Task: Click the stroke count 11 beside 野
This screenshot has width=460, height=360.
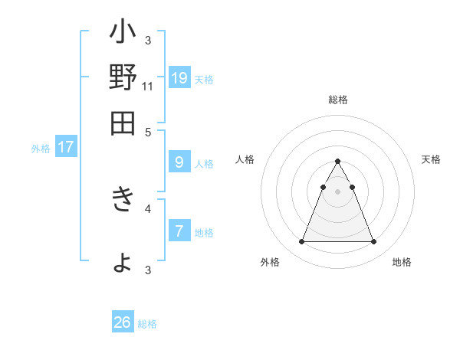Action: click(x=148, y=87)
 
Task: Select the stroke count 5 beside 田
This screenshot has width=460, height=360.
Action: click(x=148, y=132)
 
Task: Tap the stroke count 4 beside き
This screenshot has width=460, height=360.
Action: click(x=148, y=208)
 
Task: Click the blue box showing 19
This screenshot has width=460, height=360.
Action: click(x=179, y=78)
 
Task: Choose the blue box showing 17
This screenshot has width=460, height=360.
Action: click(x=66, y=147)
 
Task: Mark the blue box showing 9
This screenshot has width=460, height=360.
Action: click(x=179, y=162)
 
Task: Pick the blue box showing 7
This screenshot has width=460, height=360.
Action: click(x=179, y=231)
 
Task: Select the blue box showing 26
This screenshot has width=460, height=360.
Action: click(x=123, y=322)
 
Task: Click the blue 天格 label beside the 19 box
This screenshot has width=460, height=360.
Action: click(x=204, y=80)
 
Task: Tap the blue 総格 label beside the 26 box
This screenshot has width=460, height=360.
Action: click(x=147, y=324)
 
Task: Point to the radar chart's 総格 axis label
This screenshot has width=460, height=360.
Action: click(x=337, y=100)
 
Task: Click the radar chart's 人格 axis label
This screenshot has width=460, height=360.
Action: click(x=245, y=159)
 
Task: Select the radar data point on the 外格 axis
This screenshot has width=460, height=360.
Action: click(x=301, y=242)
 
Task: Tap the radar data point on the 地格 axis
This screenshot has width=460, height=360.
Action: click(x=373, y=242)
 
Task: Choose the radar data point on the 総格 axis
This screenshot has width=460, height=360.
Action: click(x=337, y=162)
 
